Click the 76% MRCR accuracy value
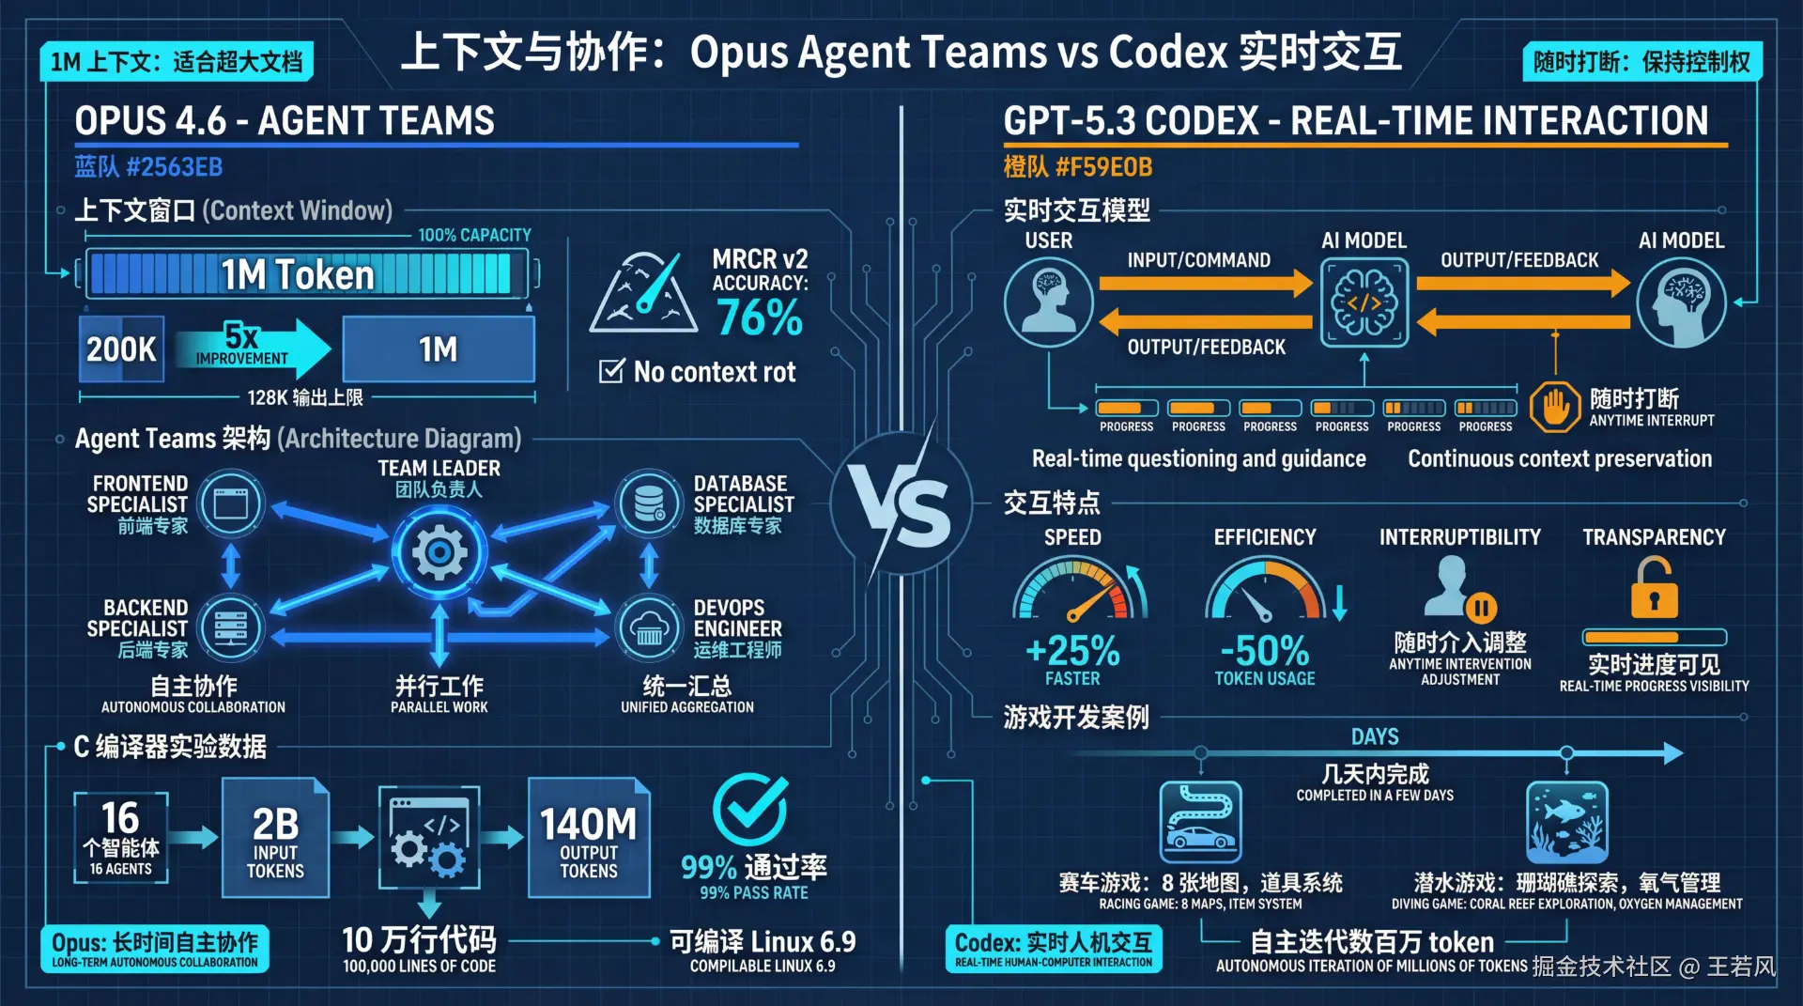tap(759, 317)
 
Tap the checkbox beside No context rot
tap(611, 371)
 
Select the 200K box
tap(121, 349)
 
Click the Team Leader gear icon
tap(439, 552)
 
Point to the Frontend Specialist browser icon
tap(231, 504)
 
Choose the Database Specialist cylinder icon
tap(648, 504)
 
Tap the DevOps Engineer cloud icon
tap(648, 627)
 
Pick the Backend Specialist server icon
tap(231, 627)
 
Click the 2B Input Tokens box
tap(275, 838)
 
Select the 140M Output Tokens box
tap(589, 838)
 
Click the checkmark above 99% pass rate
tap(749, 810)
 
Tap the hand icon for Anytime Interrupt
tap(1555, 407)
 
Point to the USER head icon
tap(1048, 302)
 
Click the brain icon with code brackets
tap(1364, 302)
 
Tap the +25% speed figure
tap(1072, 650)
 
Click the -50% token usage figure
tap(1264, 650)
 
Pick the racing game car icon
tap(1200, 822)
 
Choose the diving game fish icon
tap(1566, 822)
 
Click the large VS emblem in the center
tap(901, 504)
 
